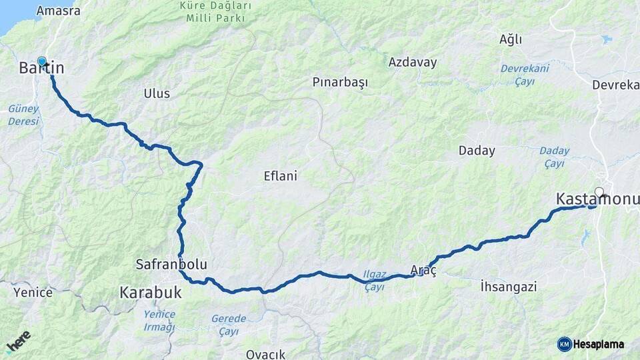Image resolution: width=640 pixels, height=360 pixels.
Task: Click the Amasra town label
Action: pos(58,11)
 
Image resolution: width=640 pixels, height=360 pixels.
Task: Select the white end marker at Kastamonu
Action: pos(599,193)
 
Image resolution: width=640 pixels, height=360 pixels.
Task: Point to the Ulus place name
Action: pos(157,93)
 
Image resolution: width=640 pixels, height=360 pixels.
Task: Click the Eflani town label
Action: pos(280,177)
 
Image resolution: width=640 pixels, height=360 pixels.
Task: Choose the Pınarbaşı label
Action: pos(340,83)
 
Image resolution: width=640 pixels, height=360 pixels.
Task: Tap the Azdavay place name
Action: pos(413,63)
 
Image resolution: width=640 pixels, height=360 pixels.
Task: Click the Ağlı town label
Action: pos(511,39)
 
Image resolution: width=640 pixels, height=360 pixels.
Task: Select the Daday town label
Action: pos(477,151)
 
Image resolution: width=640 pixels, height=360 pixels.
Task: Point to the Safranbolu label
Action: pos(171,265)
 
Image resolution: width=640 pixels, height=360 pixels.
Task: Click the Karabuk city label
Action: pos(151,292)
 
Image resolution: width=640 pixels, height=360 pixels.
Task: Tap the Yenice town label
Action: pos(33,292)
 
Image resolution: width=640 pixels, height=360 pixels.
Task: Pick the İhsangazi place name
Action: pos(508,287)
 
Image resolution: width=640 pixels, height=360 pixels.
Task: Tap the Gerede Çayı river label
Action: pos(229,325)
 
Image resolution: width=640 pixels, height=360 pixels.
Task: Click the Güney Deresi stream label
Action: pos(23,115)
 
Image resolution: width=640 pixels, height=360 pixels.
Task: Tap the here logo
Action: pos(19,340)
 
